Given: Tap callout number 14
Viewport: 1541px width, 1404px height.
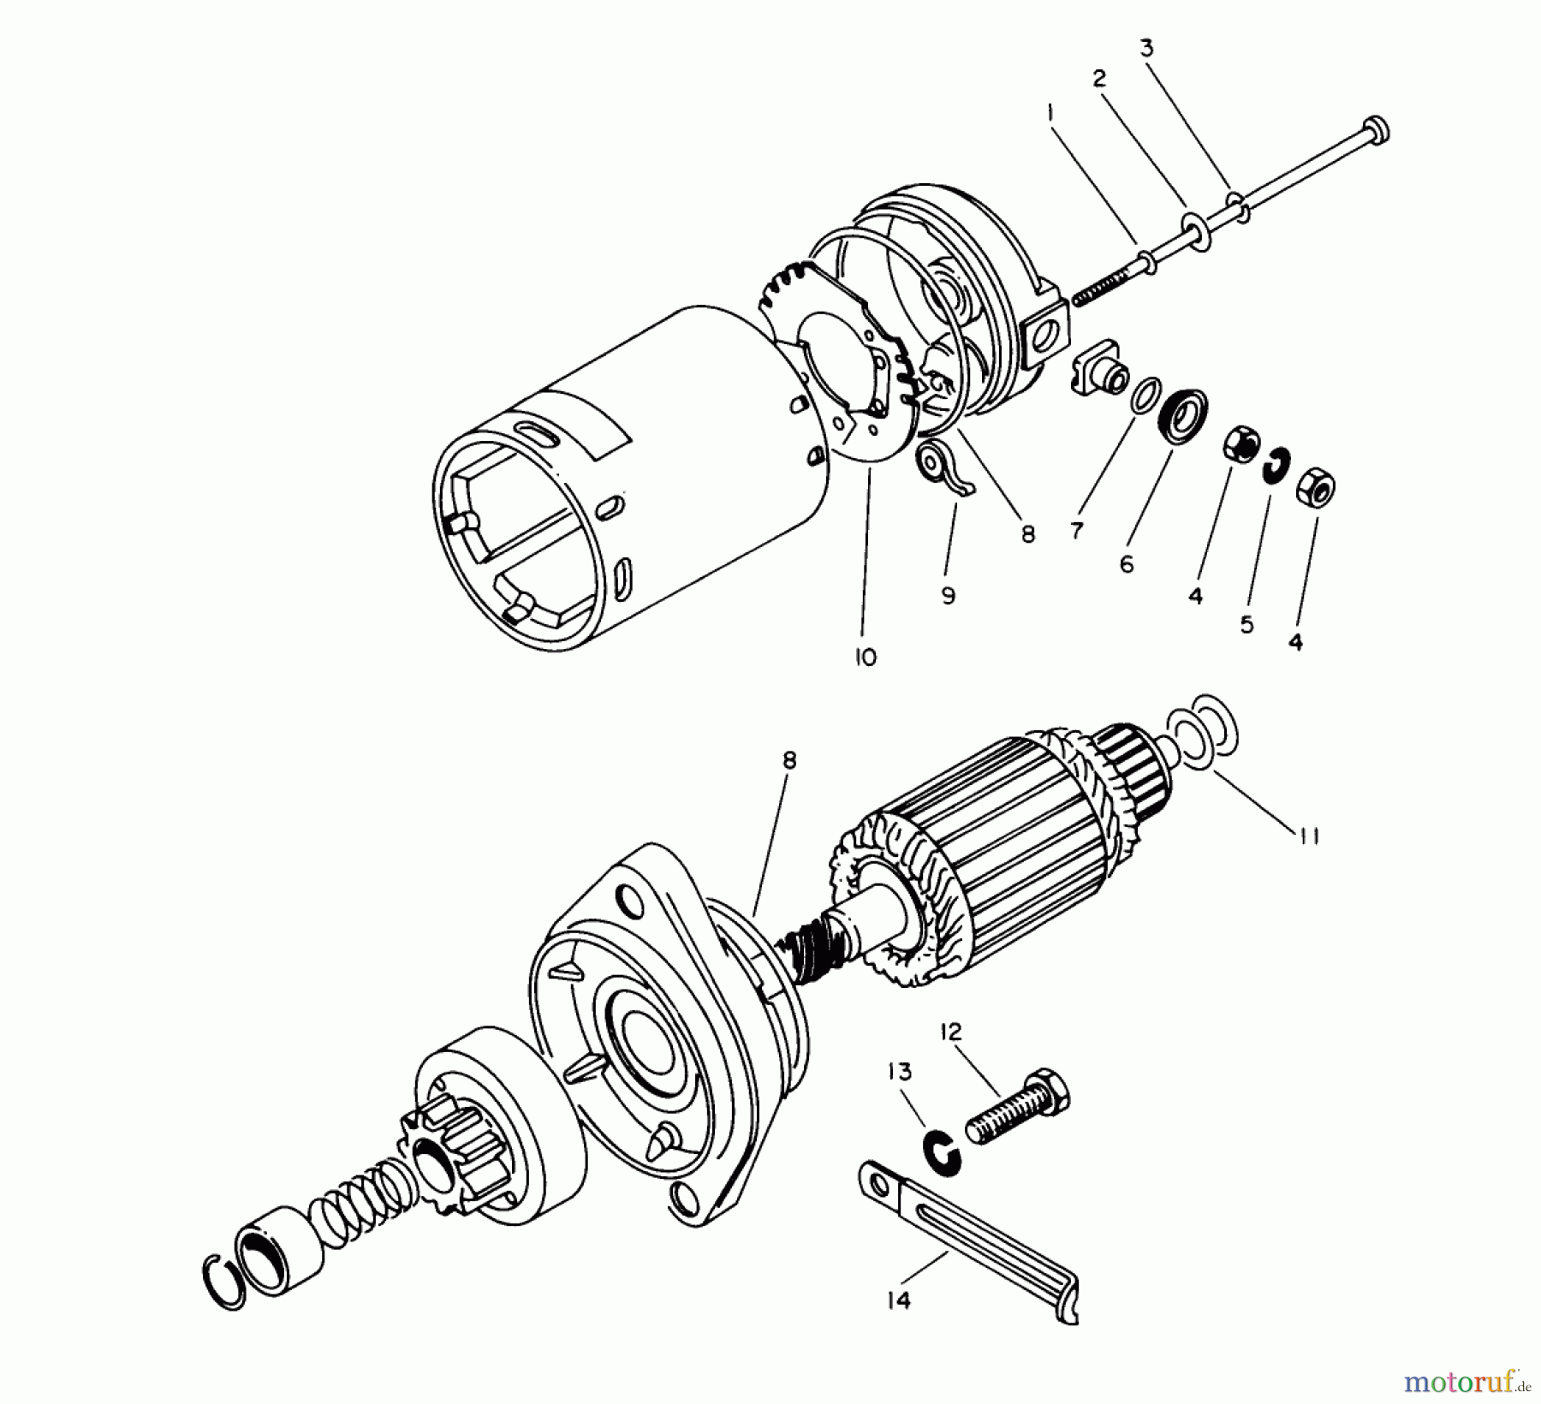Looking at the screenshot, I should point(898,1300).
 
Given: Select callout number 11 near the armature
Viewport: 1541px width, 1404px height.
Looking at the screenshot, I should point(1306,835).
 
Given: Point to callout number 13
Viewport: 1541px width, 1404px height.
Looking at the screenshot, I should point(900,1072).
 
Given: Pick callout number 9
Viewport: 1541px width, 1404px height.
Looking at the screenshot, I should point(948,596).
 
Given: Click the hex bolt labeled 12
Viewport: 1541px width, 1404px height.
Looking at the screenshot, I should point(1017,1111).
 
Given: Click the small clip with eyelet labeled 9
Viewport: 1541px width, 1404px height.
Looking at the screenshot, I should point(939,467).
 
